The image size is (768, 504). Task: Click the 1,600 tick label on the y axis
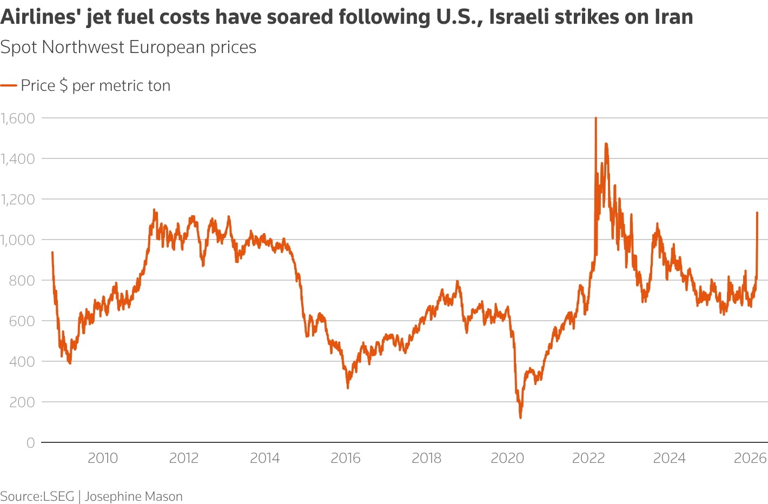click(17, 118)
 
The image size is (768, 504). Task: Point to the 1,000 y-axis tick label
click(17, 240)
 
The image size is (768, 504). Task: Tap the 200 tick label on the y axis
click(23, 402)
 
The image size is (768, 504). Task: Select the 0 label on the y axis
click(30, 442)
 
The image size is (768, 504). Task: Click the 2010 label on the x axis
click(103, 458)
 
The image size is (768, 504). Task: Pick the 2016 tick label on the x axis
click(346, 458)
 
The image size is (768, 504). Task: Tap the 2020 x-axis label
click(507, 458)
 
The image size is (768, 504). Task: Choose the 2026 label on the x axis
click(750, 458)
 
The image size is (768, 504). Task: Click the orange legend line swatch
click(9, 85)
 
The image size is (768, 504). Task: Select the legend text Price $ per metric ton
click(96, 85)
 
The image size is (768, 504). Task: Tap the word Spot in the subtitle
click(18, 47)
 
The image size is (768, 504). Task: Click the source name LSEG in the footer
click(58, 496)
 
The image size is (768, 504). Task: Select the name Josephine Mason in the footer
click(134, 496)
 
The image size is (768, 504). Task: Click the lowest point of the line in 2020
click(520, 417)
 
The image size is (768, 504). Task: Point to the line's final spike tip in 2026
click(757, 213)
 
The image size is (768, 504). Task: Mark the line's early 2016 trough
click(348, 388)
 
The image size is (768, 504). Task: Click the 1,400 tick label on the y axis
click(17, 158)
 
